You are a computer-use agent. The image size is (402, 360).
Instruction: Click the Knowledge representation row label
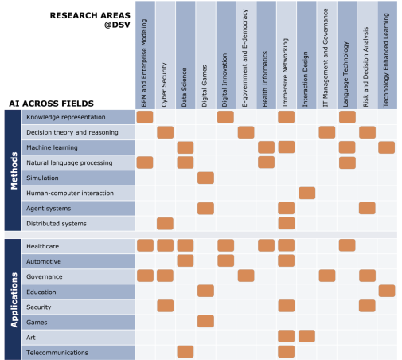coord(66,117)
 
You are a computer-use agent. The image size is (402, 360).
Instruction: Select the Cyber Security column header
coord(164,84)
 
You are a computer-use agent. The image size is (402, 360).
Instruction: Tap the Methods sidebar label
coord(14,170)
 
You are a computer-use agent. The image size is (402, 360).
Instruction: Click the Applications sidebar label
coord(14,299)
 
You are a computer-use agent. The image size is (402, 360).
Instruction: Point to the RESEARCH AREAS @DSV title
coord(90,20)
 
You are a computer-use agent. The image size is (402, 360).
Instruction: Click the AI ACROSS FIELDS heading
coord(52,104)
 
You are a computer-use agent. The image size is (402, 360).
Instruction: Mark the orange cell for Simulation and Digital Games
coord(205,178)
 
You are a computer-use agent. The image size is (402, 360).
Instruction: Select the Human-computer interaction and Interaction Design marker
coord(307,193)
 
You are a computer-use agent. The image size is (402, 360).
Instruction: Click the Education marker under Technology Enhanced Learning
coord(387,291)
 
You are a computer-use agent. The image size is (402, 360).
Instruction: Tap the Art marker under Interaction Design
coord(306,336)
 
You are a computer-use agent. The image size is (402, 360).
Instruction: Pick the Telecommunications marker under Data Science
coord(185,351)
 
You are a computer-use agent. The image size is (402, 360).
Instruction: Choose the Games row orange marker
coord(205,321)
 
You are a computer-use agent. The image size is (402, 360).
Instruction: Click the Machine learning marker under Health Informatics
coord(266,147)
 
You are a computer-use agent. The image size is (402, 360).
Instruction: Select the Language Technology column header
coord(345,74)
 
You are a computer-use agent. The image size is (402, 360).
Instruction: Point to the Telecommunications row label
coord(57,353)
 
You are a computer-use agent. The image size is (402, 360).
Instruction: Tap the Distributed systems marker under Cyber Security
coord(165,224)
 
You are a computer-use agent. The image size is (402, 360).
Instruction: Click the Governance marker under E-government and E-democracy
coord(246,276)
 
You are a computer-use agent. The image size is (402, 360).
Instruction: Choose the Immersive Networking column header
coord(285,72)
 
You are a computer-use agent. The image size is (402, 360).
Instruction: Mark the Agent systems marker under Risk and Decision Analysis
coord(367,208)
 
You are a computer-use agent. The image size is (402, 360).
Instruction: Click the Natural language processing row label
coord(69,162)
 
